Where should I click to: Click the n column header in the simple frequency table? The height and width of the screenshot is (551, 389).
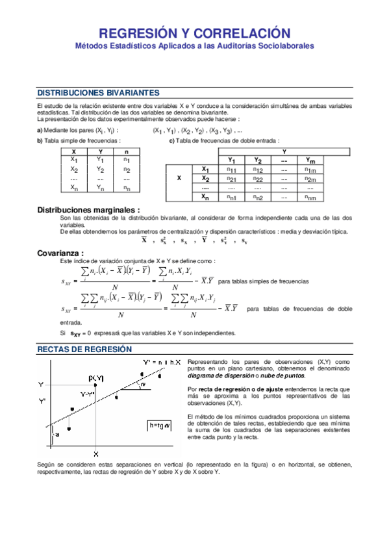[126, 151]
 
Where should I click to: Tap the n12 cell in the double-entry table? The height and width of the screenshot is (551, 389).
[258, 170]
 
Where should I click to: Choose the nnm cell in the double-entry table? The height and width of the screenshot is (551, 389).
[310, 197]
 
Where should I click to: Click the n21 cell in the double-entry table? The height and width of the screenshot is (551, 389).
[231, 179]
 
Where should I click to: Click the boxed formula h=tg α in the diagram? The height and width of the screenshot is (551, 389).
[159, 426]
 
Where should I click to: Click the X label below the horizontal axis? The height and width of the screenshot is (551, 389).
[95, 453]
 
